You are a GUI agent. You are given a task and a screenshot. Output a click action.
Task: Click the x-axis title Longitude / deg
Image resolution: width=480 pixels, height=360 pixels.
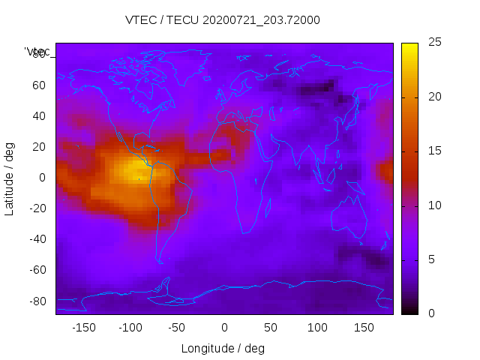point(223,348)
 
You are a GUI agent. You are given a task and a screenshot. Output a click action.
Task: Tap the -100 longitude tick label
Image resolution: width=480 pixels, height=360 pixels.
point(130,327)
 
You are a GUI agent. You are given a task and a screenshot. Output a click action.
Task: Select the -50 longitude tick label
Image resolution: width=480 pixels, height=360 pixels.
point(177,327)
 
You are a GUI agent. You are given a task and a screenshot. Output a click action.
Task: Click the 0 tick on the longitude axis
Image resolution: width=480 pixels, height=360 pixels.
point(224,327)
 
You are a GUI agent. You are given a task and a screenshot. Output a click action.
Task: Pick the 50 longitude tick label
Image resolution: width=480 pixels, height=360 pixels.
point(271,327)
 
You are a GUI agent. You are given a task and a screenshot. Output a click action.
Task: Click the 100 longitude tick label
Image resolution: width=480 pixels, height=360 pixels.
point(317,327)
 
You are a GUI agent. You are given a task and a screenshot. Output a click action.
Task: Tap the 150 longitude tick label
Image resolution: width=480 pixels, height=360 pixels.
point(364,327)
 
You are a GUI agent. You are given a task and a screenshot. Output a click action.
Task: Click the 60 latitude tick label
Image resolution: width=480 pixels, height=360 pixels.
point(39,85)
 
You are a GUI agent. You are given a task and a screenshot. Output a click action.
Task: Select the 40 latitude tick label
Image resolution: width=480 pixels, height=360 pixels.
point(39,115)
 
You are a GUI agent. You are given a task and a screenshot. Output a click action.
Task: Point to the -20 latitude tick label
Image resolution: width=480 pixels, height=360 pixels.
point(37,208)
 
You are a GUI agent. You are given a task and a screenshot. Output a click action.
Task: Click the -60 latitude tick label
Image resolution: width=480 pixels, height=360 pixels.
point(37,270)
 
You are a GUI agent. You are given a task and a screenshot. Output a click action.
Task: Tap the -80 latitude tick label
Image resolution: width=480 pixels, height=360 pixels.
point(37,301)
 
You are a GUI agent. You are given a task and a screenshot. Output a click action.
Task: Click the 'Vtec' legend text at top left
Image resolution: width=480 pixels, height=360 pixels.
point(37,52)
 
